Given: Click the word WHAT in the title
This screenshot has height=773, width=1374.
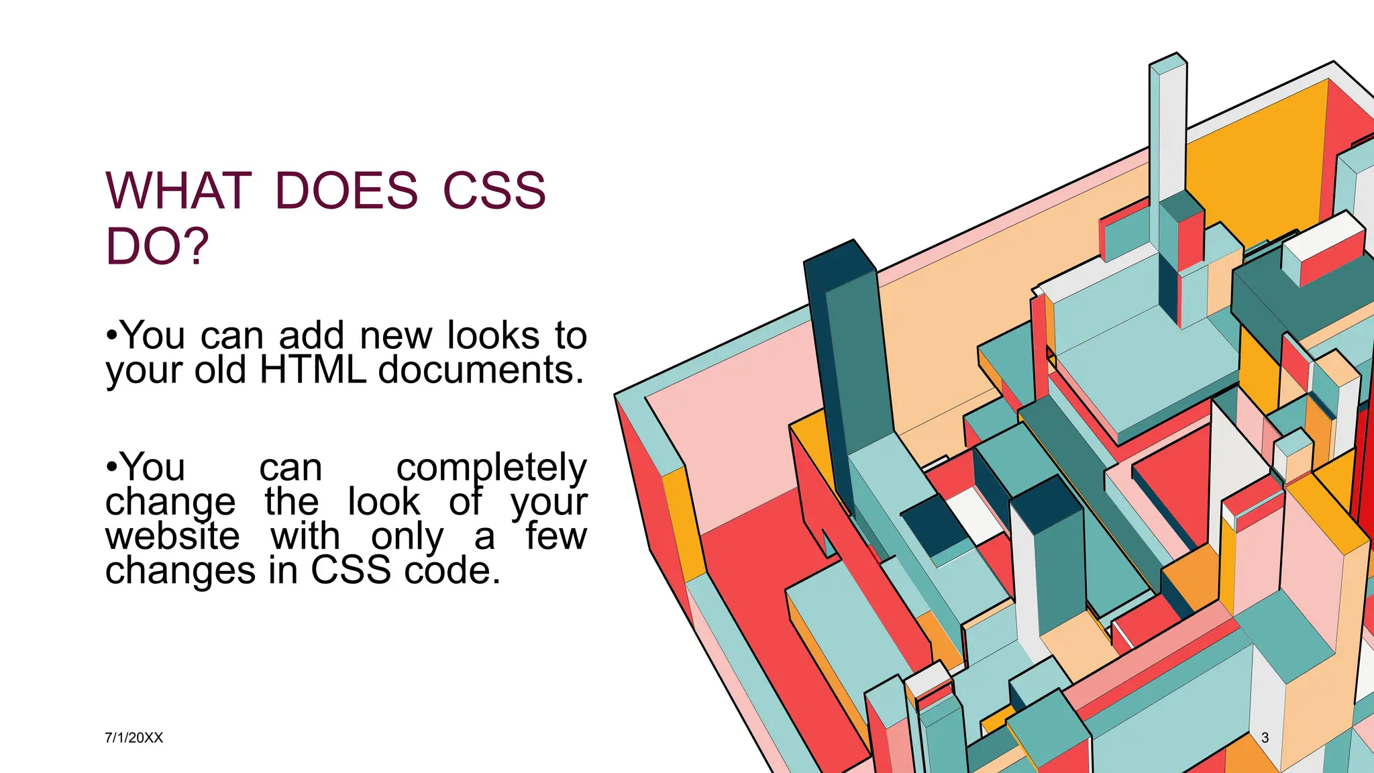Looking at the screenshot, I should [178, 191].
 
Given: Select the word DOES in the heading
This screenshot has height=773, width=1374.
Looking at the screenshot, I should [346, 191].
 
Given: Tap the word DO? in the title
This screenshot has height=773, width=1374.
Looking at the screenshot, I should [157, 247].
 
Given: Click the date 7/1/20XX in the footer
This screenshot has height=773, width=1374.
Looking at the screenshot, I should [134, 737].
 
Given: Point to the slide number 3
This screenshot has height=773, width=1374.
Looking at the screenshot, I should [1265, 737].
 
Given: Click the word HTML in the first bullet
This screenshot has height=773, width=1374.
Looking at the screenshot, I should [313, 370].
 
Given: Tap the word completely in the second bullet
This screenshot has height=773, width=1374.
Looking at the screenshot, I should [491, 468].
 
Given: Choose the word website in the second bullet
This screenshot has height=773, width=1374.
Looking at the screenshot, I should [172, 536].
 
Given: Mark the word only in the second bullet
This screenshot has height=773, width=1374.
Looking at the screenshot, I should [407, 536].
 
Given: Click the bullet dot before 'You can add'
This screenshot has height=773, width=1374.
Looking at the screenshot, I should [111, 336].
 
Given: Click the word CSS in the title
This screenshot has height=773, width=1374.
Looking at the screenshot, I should [494, 191].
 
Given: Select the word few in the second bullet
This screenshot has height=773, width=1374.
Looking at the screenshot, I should [556, 536].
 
